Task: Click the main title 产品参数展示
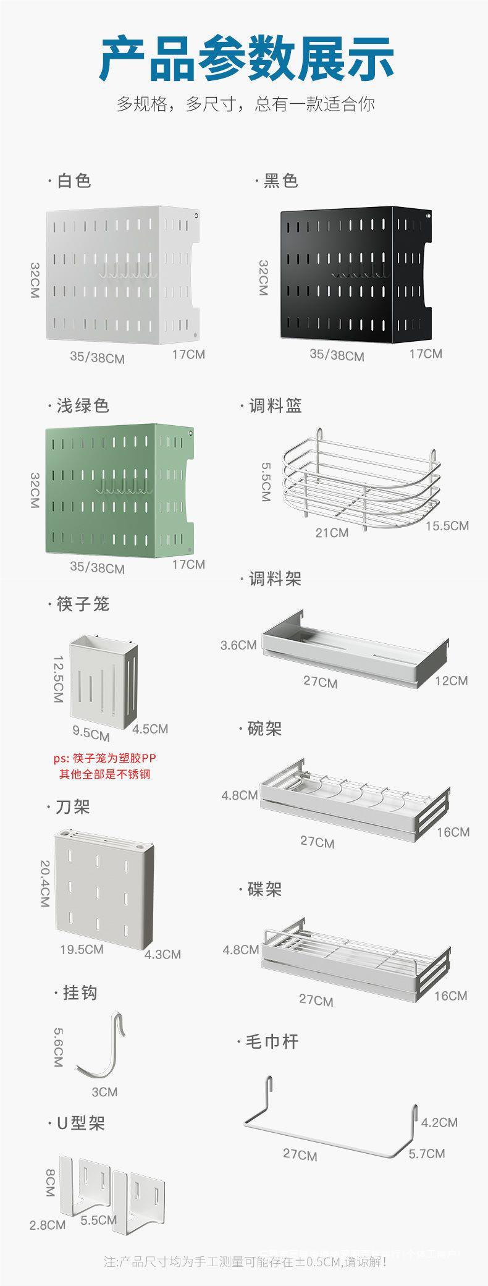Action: (x=246, y=58)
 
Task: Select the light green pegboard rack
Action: (x=119, y=488)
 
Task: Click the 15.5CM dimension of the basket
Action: (x=447, y=525)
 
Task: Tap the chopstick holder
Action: (x=103, y=680)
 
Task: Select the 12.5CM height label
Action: (x=58, y=679)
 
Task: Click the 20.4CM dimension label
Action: (x=45, y=884)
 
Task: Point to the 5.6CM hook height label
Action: (x=57, y=1047)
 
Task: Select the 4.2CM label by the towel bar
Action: (x=439, y=1122)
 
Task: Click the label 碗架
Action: (x=264, y=729)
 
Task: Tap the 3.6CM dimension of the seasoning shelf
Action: (x=238, y=645)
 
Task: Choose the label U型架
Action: (x=80, y=1123)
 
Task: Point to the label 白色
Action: (x=74, y=180)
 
